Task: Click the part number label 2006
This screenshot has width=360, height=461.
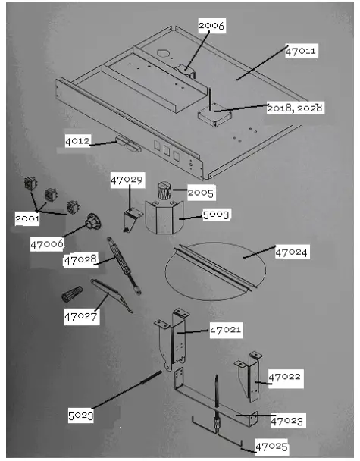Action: [211, 26]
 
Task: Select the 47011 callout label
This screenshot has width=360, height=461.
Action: [301, 52]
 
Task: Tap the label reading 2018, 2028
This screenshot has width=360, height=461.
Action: [295, 108]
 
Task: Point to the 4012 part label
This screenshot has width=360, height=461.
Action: [78, 141]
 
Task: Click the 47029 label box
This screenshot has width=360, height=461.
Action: [127, 181]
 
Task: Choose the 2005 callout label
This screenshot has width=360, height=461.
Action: [201, 193]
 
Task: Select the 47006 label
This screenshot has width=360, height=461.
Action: [47, 244]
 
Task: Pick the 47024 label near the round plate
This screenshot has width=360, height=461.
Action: [292, 251]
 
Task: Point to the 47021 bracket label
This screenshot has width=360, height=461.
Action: [225, 330]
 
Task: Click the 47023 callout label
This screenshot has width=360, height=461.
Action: [287, 420]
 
